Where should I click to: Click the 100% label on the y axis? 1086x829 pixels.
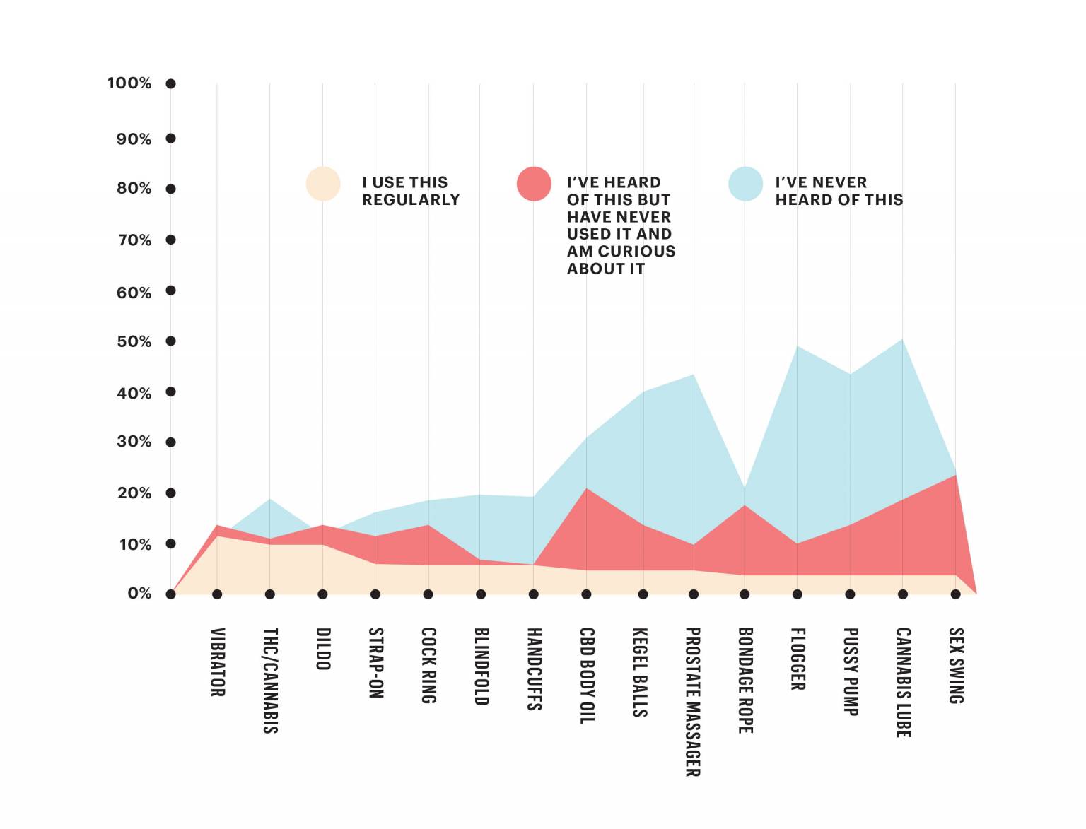[x=129, y=83]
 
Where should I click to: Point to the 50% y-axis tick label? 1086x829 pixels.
[x=134, y=341]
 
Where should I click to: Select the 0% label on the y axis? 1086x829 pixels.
[x=139, y=593]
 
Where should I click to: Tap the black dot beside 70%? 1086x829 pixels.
[x=170, y=240]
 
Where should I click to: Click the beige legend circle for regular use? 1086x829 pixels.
[x=323, y=184]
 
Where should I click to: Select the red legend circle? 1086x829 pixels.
[x=534, y=184]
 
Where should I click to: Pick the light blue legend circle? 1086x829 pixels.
[x=746, y=184]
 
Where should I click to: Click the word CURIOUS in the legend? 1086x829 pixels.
[x=636, y=251]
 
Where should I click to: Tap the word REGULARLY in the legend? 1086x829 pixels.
[x=411, y=200]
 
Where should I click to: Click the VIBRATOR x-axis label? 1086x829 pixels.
[x=218, y=662]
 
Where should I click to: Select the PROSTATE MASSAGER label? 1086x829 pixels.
[x=693, y=702]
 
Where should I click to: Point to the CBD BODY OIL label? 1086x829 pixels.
[x=587, y=676]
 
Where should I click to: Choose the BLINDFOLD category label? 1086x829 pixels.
[x=481, y=666]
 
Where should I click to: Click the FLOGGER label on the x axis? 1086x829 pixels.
[x=798, y=659]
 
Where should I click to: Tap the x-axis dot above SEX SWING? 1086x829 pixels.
[x=955, y=594]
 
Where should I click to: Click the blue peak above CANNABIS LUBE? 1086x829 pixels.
[x=902, y=340]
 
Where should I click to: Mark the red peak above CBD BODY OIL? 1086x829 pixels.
[x=586, y=488]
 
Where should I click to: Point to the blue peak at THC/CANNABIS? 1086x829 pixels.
[x=269, y=499]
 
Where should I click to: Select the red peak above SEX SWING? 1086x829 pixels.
[x=955, y=475]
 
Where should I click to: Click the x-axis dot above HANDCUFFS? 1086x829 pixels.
[x=533, y=594]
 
